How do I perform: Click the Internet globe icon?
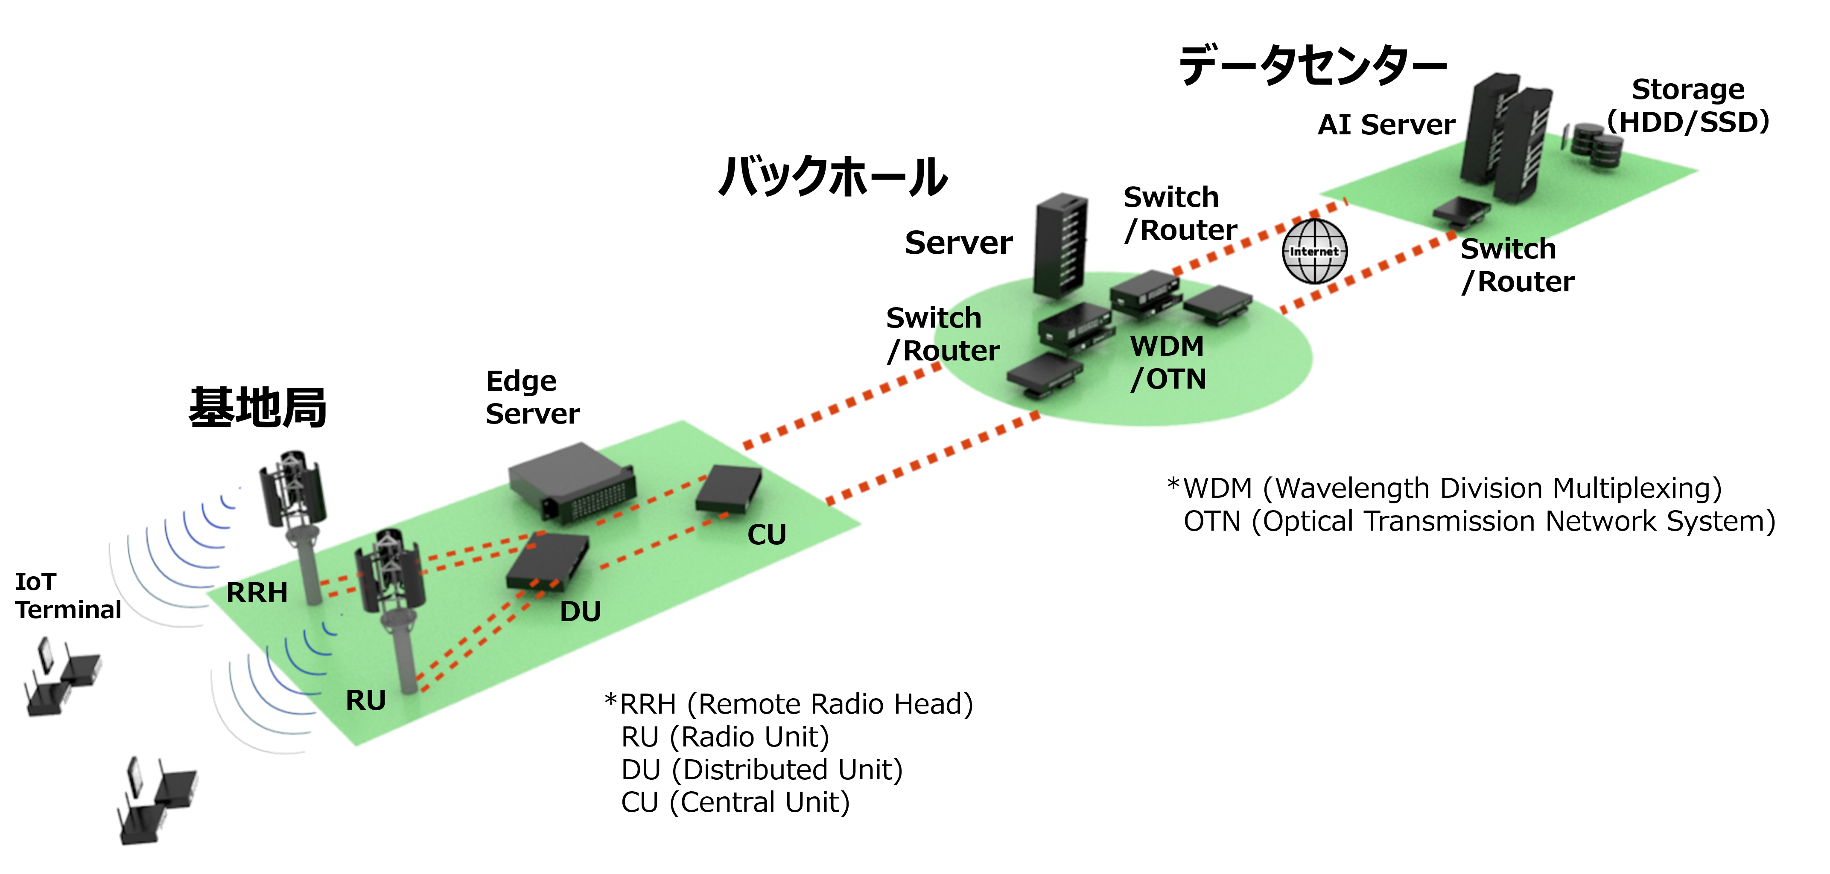(x=1314, y=251)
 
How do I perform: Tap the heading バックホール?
(x=832, y=176)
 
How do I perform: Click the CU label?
(x=767, y=534)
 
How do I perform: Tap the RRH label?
(x=257, y=592)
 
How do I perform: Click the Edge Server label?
(x=532, y=398)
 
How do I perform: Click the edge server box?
(x=572, y=482)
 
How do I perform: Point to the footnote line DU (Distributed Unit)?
(x=762, y=769)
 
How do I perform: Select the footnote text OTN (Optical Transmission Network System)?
(x=1479, y=521)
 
